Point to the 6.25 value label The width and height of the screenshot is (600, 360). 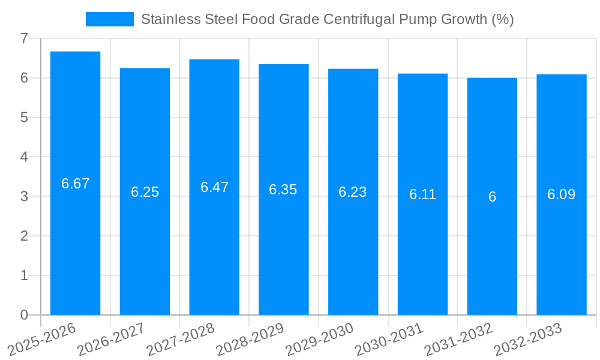145,193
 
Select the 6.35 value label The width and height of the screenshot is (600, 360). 283,190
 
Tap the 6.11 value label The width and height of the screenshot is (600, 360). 422,194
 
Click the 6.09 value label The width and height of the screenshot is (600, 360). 561,194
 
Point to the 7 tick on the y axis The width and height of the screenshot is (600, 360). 24,38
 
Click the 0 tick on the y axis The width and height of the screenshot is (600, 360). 24,315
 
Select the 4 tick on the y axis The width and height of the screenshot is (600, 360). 24,157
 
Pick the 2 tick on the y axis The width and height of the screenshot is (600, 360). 24,236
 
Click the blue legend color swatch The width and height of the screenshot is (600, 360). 110,19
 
